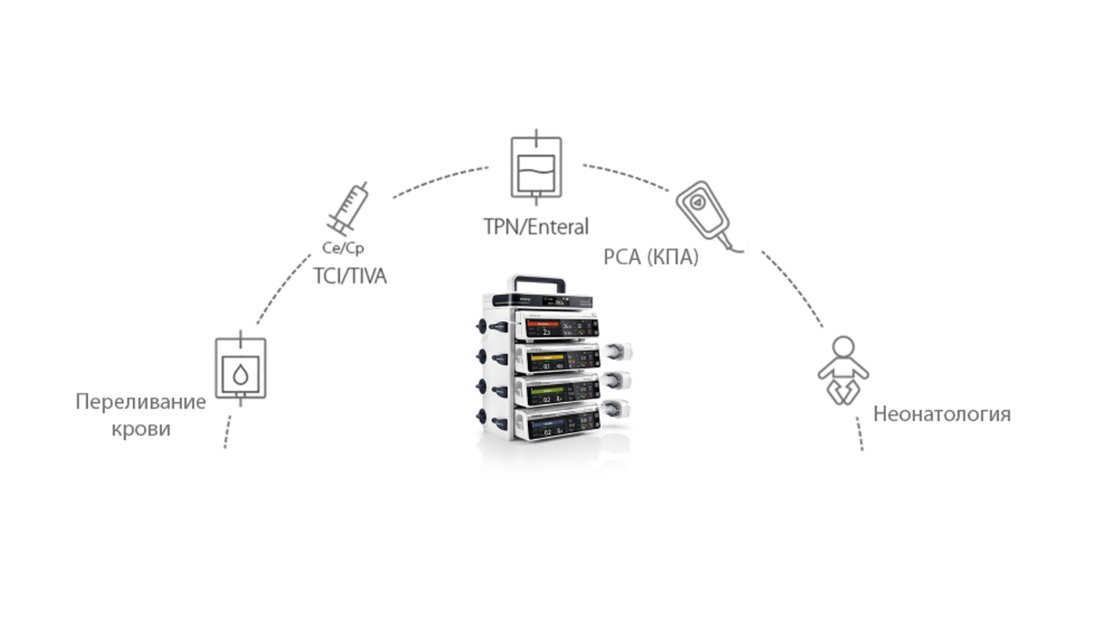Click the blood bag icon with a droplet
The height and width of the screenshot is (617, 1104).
pos(240,368)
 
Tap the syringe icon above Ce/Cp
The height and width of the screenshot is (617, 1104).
pos(347,209)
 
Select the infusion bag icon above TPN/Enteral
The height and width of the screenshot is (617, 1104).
pos(536,167)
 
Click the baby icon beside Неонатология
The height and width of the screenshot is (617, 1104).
pos(843,370)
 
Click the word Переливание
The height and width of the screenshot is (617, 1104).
pos(141,402)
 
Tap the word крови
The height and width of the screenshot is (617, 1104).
pos(141,429)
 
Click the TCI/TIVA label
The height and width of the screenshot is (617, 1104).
pos(349,276)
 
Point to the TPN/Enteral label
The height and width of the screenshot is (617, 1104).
pos(536,227)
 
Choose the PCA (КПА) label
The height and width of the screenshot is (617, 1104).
pos(650,257)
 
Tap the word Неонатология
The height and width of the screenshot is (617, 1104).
pos(941,414)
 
